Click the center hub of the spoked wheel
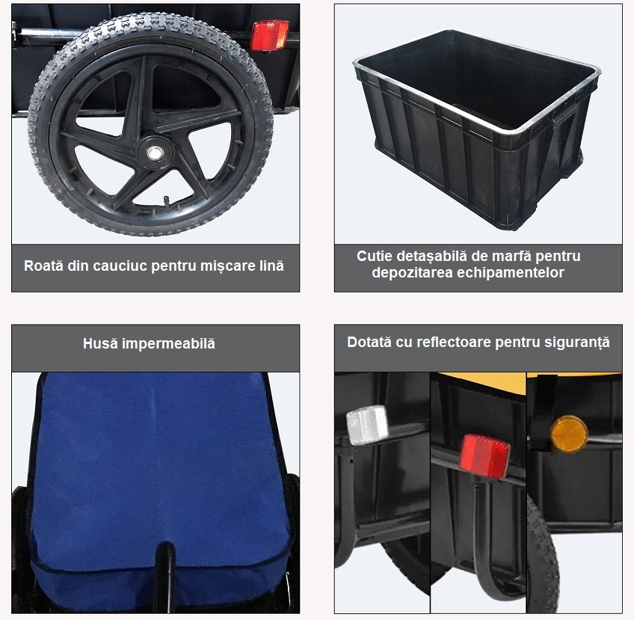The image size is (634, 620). (155, 153)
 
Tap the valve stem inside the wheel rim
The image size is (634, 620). (166, 201)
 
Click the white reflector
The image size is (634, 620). (367, 425)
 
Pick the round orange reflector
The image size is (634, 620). (569, 435)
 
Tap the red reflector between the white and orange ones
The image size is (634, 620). (484, 455)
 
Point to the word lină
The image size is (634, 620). (271, 266)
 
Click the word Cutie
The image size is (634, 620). (375, 256)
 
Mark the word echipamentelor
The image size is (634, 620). (511, 273)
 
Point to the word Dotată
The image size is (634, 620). (369, 342)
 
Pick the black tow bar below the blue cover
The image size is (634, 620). (164, 577)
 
